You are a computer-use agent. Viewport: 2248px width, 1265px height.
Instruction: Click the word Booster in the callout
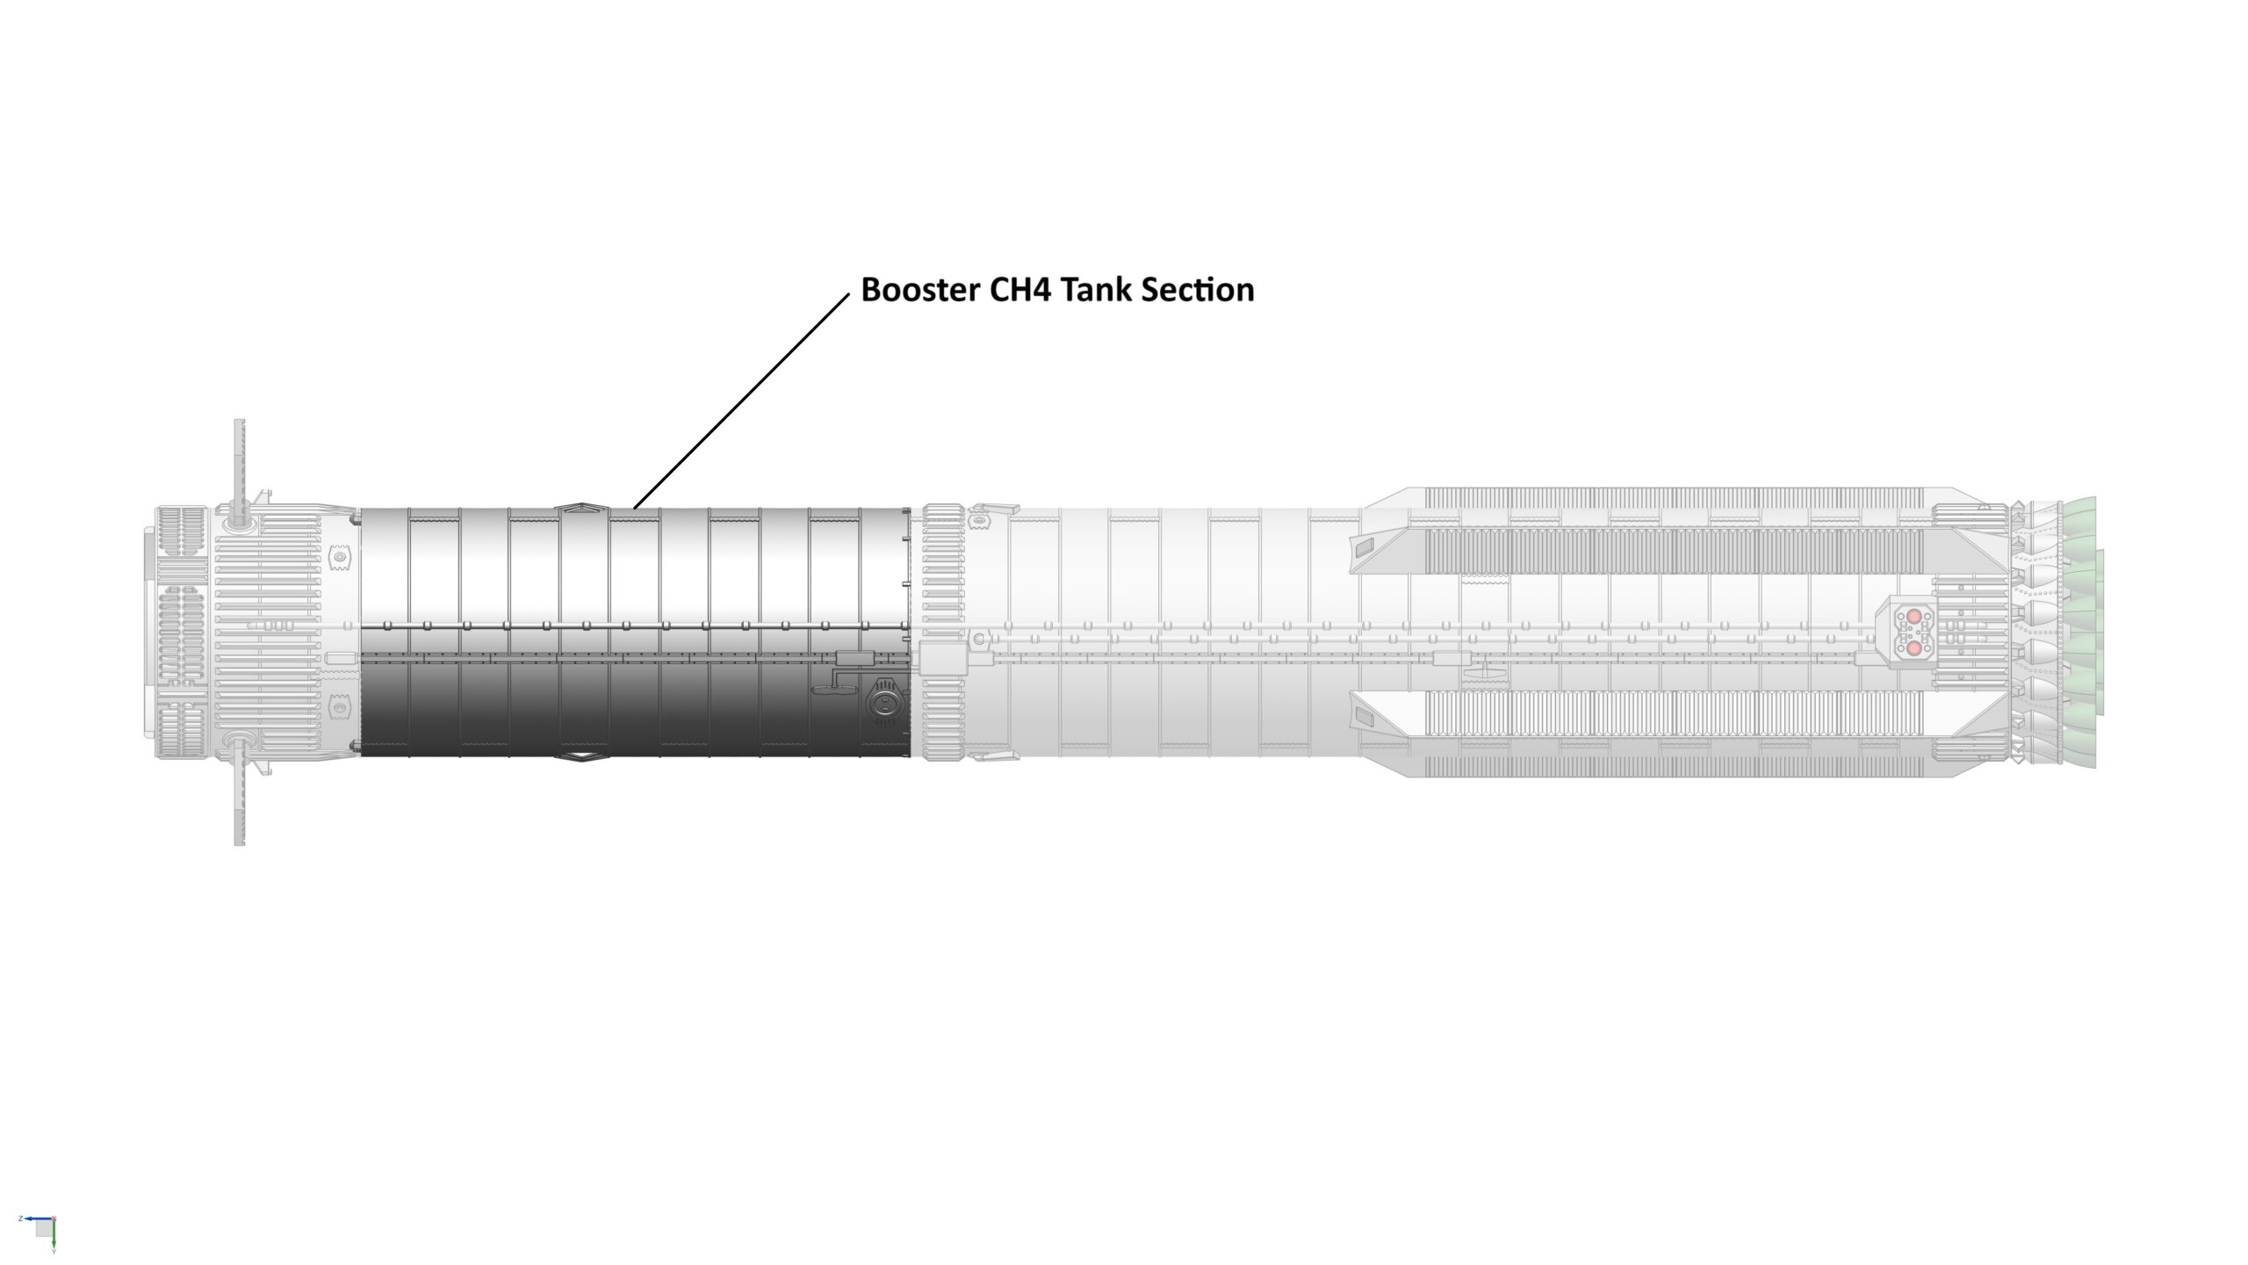(x=920, y=290)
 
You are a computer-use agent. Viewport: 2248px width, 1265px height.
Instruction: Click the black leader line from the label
(x=742, y=400)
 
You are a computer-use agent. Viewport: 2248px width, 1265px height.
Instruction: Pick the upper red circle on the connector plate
(x=1913, y=617)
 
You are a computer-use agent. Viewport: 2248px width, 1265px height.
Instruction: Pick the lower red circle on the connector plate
(x=1913, y=648)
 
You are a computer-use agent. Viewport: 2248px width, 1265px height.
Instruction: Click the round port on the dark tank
(x=883, y=700)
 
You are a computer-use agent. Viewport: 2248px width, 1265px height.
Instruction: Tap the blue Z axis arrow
(x=35, y=1218)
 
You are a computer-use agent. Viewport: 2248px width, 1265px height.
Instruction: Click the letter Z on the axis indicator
(x=20, y=1218)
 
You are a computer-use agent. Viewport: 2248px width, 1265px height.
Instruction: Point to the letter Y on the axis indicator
(x=54, y=1252)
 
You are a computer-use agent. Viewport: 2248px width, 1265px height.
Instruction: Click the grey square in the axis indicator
(x=43, y=1228)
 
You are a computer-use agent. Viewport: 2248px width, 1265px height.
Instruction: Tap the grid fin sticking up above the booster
(x=239, y=461)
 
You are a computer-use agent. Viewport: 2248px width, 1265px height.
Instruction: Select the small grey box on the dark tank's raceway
(x=849, y=658)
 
